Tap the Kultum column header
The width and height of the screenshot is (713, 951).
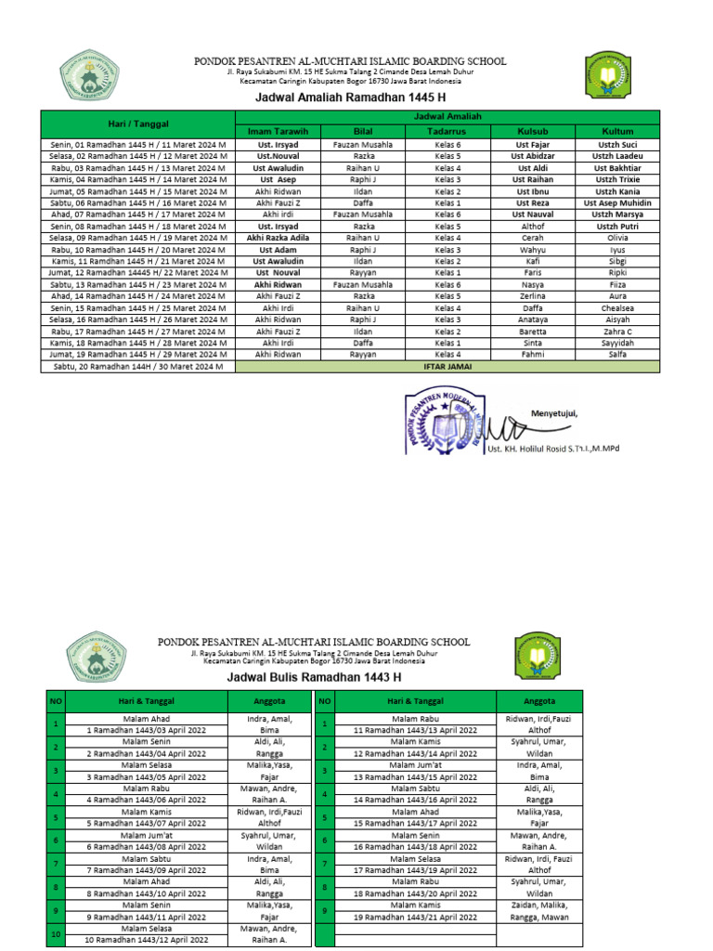[617, 131]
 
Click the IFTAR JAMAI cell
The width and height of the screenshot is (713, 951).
[447, 367]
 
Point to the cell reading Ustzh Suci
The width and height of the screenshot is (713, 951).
[617, 145]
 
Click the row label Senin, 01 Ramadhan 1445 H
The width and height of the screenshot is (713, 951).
[137, 145]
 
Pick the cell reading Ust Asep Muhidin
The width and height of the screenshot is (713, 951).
[617, 202]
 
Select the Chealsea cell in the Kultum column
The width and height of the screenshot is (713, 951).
[617, 308]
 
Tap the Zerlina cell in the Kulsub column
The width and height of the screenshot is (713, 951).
[533, 296]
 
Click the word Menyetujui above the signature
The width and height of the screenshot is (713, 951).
[554, 413]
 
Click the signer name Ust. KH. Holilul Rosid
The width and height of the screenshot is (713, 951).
[552, 449]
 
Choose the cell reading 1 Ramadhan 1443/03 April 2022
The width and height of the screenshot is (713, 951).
[147, 730]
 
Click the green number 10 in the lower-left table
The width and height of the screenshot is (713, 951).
[56, 932]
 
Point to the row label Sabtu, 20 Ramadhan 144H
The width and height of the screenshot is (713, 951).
[137, 367]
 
